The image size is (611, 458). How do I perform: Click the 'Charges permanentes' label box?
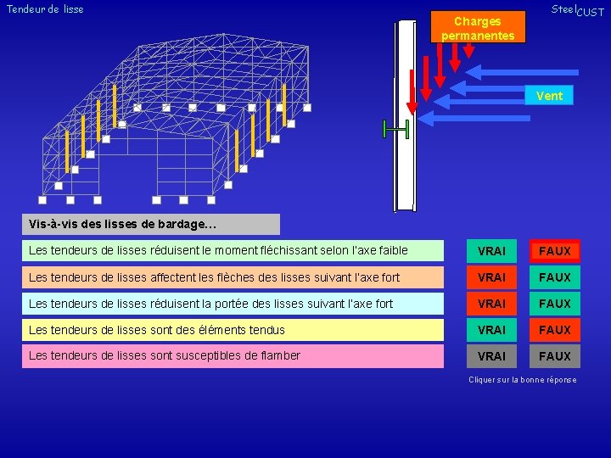[478, 27]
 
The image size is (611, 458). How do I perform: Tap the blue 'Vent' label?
[549, 96]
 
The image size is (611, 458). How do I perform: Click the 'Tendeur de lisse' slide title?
[45, 9]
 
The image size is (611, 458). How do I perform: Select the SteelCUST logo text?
[577, 10]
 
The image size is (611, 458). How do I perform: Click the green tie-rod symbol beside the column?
[395, 129]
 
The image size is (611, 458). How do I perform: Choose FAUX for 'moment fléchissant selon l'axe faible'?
[555, 251]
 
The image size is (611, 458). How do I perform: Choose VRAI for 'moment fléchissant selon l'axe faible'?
[491, 251]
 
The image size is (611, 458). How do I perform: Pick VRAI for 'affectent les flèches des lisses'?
[491, 277]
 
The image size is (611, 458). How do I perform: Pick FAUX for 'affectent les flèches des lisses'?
[555, 277]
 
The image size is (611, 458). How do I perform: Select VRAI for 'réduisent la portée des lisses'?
[491, 304]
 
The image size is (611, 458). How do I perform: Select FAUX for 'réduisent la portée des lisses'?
[555, 304]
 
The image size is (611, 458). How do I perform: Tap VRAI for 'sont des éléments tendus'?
[491, 330]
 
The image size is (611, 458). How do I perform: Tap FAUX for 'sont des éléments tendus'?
[555, 330]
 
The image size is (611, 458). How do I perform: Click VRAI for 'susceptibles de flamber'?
[491, 356]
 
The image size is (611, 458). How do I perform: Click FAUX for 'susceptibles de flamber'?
[555, 356]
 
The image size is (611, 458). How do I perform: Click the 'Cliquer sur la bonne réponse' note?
[522, 379]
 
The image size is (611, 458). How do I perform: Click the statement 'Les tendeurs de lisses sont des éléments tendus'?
[157, 330]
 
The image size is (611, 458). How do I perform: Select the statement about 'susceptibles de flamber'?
[165, 355]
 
